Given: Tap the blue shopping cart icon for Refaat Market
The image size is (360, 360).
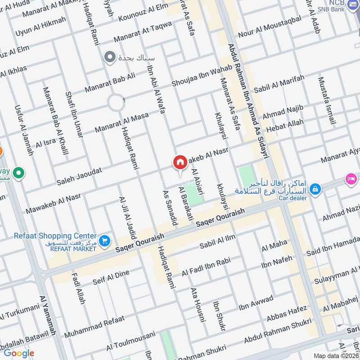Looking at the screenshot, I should [104, 241].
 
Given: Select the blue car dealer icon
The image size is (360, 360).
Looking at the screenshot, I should [315, 188].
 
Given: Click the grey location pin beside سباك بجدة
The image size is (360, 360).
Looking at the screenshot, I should [109, 58].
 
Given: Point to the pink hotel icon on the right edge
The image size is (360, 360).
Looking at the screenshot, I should [351, 179].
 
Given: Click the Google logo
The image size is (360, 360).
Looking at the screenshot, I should [18, 353].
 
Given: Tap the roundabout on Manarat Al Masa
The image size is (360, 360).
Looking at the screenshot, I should [116, 103].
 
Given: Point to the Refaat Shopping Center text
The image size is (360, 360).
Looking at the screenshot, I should [49, 236].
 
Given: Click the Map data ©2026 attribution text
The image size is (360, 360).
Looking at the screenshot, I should [335, 355].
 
